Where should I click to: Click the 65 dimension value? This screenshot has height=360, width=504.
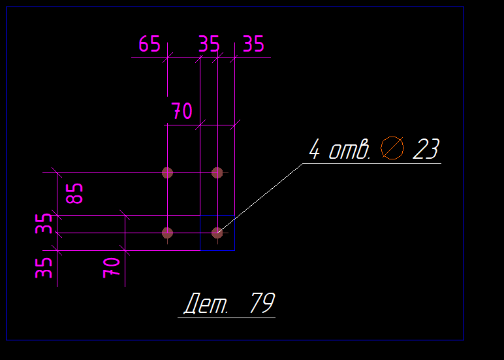[x=150, y=44]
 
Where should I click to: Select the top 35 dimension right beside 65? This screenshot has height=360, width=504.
[x=209, y=44]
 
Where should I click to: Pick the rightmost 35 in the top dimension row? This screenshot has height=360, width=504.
[x=253, y=44]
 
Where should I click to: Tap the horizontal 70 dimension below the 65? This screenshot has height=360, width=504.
[x=182, y=112]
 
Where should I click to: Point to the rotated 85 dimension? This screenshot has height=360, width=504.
[x=76, y=193]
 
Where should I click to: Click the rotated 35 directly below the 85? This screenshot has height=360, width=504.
[x=44, y=224]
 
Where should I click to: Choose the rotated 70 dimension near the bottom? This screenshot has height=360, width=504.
[x=112, y=267]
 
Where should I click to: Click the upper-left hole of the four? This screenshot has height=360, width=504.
[x=167, y=172]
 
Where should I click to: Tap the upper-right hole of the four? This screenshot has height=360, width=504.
[x=217, y=172]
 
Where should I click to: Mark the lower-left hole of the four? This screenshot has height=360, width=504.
[x=167, y=232]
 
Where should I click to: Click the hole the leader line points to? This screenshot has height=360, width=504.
[x=217, y=232]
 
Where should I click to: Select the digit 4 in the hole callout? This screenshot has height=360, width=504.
[x=315, y=151]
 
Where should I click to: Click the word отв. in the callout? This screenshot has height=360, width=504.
[x=349, y=151]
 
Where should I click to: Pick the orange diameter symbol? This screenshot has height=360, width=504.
[x=393, y=148]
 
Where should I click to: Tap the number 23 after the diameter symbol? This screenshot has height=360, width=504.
[x=426, y=150]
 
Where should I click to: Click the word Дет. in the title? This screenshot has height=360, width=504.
[x=207, y=304]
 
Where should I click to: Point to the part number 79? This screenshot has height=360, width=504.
[x=262, y=303]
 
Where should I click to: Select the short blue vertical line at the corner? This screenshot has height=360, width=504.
[x=200, y=233]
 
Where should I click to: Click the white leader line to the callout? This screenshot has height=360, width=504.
[x=261, y=197]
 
